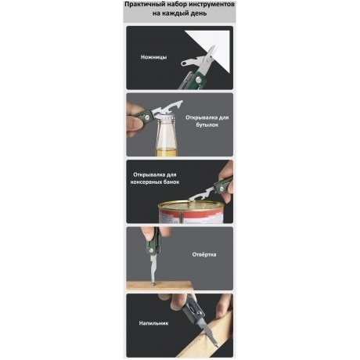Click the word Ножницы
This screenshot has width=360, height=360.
(x=153, y=57)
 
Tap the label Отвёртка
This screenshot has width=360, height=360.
(x=204, y=254)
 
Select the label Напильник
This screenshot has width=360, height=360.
(x=153, y=323)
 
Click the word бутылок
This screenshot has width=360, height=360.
(x=207, y=124)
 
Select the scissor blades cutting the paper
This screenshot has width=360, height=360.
(x=209, y=56)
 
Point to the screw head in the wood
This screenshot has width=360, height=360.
(x=153, y=283)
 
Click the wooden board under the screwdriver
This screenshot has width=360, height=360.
(x=159, y=286)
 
